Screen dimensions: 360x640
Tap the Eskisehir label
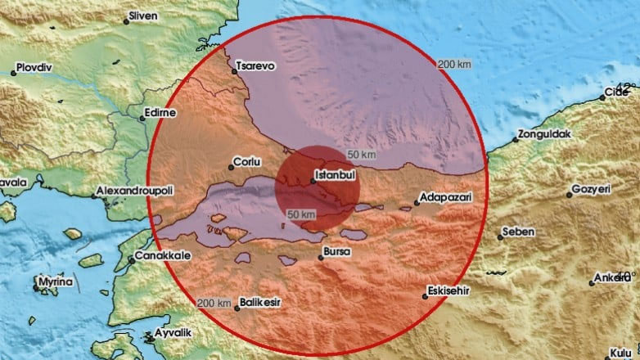tap(451, 289)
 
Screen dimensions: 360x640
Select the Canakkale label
tap(164, 255)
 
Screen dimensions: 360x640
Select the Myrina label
tap(57, 282)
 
